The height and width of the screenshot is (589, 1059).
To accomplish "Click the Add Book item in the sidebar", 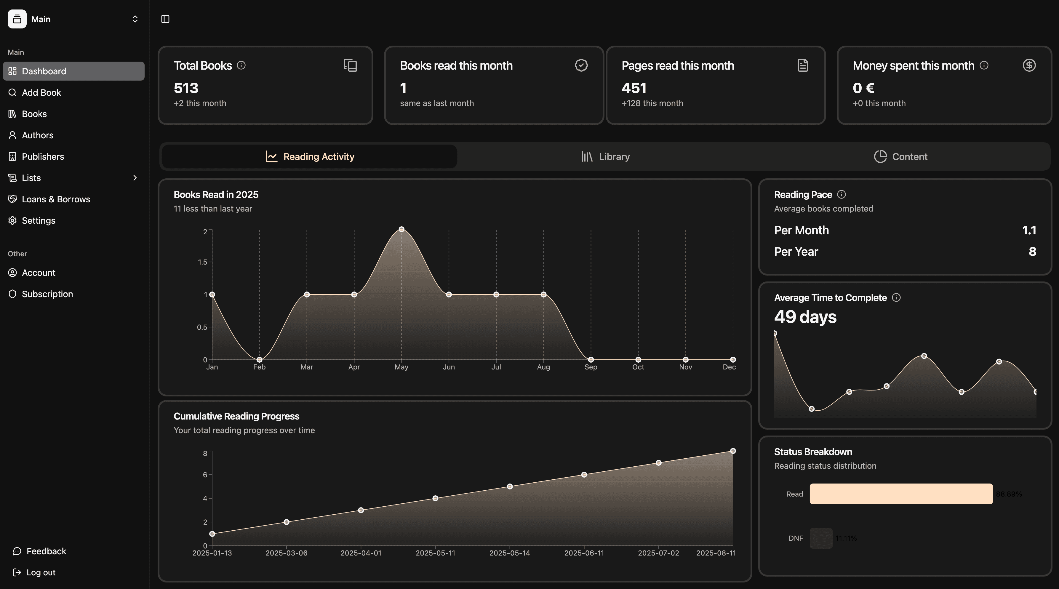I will point(41,92).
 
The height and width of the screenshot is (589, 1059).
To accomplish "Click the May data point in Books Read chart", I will point(401,229).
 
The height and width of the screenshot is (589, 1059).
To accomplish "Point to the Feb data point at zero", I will point(259,360).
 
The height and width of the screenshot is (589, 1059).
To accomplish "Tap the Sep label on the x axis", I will point(591,367).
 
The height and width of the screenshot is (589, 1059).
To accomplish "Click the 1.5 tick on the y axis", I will point(202,262).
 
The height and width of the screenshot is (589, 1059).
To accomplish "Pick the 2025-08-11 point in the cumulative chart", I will point(732,451).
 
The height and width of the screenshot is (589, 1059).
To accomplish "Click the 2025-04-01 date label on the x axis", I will point(361,553).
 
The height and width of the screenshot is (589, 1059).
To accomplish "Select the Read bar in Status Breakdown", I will point(901,494).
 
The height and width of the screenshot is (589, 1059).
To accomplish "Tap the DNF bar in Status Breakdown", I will point(820,538).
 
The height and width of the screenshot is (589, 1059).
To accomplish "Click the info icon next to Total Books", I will point(241,65).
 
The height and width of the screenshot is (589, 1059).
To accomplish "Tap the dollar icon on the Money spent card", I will point(1029,65).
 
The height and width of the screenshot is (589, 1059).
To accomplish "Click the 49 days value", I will point(805,317).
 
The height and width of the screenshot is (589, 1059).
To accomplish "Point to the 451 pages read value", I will point(634,88).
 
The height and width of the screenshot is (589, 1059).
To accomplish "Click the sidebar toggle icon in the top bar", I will point(165,19).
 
